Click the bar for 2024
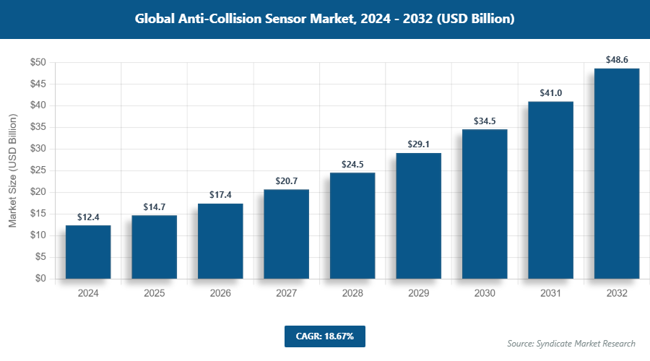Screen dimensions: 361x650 [x=88, y=252]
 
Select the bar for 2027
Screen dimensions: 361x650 [x=286, y=234]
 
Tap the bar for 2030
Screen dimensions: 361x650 [x=485, y=204]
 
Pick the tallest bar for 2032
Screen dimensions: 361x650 [x=617, y=173]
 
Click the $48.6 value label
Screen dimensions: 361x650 [x=617, y=56]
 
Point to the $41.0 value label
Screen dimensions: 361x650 [x=550, y=92]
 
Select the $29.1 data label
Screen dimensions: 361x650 [x=418, y=144]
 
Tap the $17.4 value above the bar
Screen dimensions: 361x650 [x=220, y=194]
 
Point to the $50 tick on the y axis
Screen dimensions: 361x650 [x=38, y=63]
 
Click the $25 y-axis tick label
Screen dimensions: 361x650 [x=38, y=170]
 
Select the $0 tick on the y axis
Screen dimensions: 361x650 [x=41, y=279]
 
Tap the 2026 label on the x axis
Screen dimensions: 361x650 [x=220, y=294]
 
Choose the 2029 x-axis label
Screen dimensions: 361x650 [x=418, y=294]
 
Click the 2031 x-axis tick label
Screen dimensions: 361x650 [x=550, y=294]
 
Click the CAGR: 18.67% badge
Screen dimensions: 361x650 [x=324, y=336]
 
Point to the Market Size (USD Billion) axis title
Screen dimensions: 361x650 [x=12, y=170]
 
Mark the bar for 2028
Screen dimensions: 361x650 [x=352, y=225]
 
